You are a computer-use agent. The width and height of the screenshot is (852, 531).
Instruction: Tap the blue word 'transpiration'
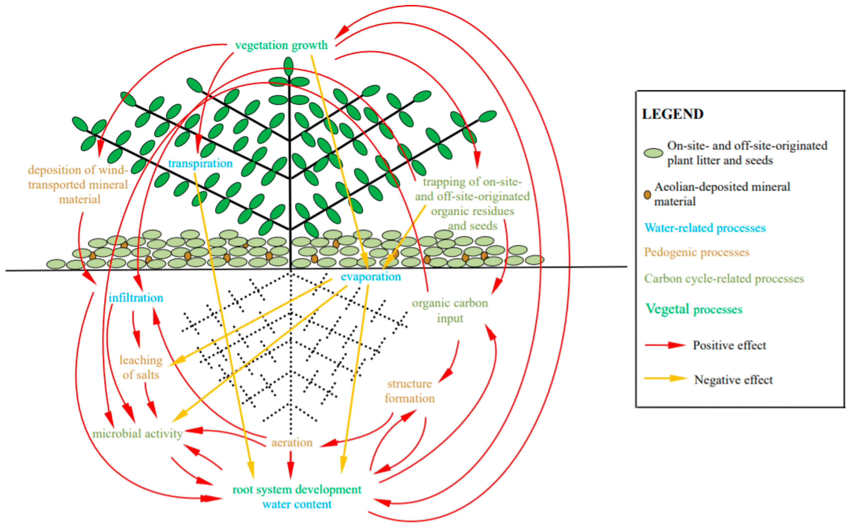[200, 163]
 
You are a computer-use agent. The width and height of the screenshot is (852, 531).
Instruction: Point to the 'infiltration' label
[136, 298]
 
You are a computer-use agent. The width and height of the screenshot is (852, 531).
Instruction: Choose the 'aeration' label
[292, 442]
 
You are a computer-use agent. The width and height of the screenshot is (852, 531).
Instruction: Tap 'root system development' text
[297, 489]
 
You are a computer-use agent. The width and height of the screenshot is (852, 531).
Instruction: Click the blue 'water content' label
[297, 504]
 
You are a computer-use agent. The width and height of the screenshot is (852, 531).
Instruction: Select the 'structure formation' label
[409, 391]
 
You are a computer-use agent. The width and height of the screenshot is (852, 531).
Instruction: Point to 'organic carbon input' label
[450, 310]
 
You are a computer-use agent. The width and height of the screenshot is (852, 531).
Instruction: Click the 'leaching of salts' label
[141, 367]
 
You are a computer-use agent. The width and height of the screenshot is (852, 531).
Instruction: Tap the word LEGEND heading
[673, 114]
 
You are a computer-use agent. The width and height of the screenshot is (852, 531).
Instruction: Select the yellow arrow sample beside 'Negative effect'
[665, 378]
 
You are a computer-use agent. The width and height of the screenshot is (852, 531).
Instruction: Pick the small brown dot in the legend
[647, 194]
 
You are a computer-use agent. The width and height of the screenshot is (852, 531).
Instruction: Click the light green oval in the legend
[653, 153]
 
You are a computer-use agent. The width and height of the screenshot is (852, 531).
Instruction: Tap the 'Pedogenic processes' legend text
[697, 252]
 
